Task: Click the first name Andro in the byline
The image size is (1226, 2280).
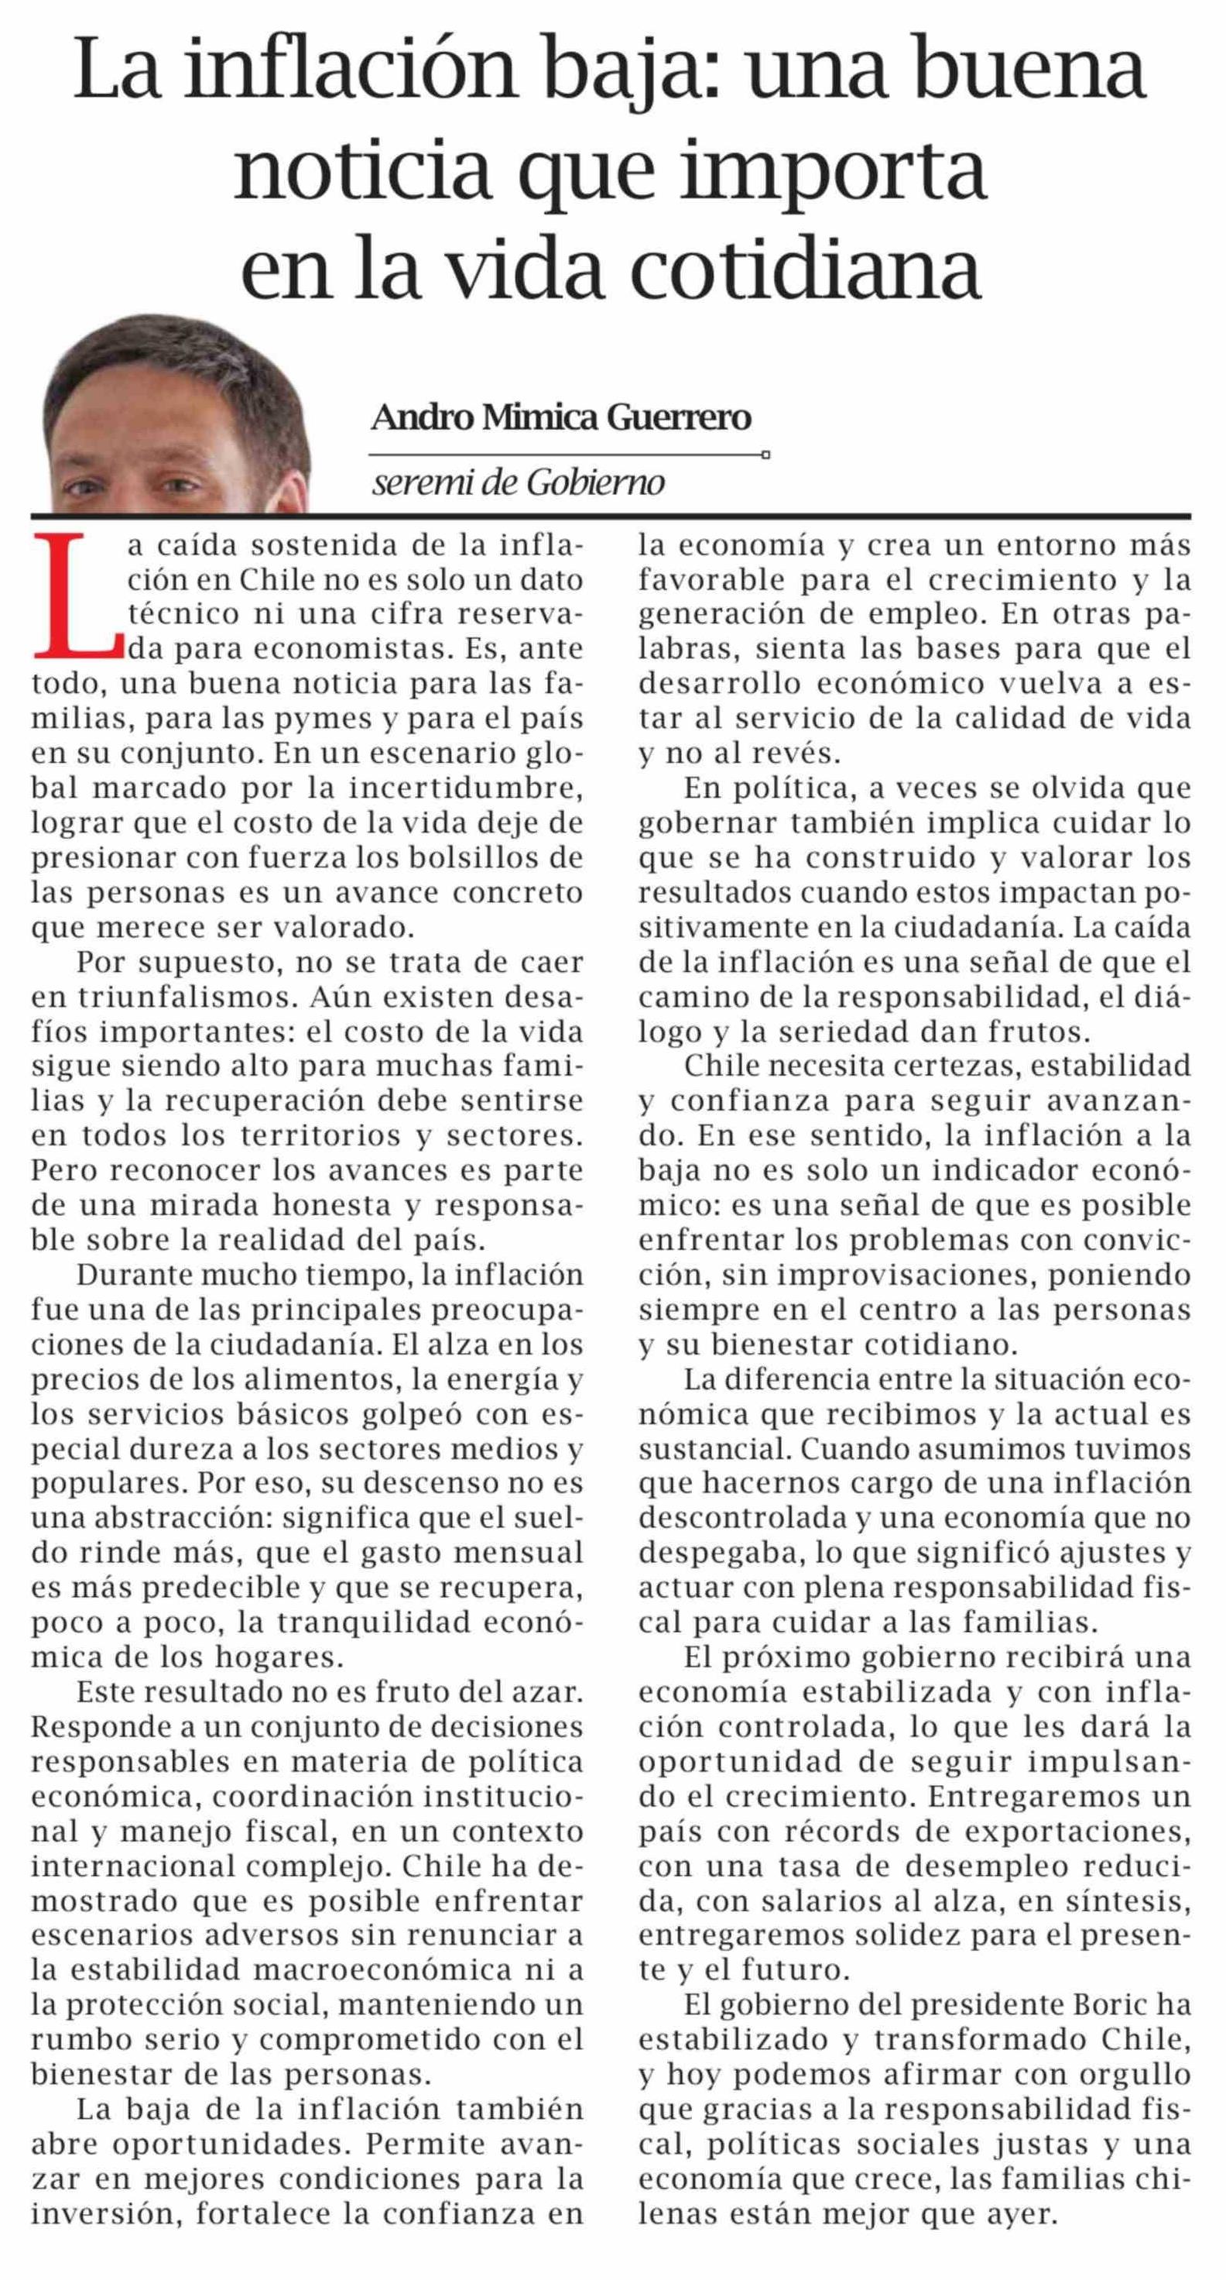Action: pos(421,417)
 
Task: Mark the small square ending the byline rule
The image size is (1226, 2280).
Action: pos(765,456)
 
